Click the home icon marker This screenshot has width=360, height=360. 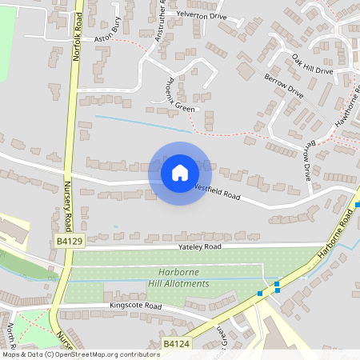pos(179,173)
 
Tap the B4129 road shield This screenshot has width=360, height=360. pos(70,240)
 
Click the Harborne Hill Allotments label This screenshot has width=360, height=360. pos(178,278)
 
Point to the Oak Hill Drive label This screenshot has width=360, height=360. pos(312,65)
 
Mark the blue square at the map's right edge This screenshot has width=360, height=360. pos(358,205)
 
